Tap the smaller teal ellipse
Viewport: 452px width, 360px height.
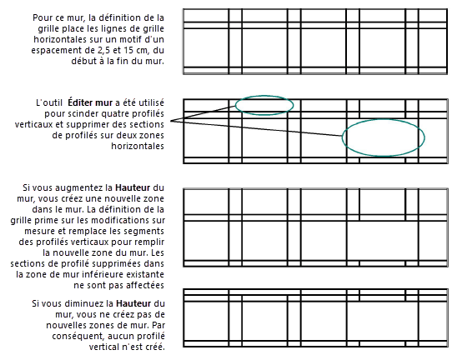click(264, 104)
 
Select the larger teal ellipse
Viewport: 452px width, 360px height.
click(384, 137)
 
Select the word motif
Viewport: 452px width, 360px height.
click(131, 39)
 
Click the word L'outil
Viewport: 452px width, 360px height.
click(51, 102)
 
